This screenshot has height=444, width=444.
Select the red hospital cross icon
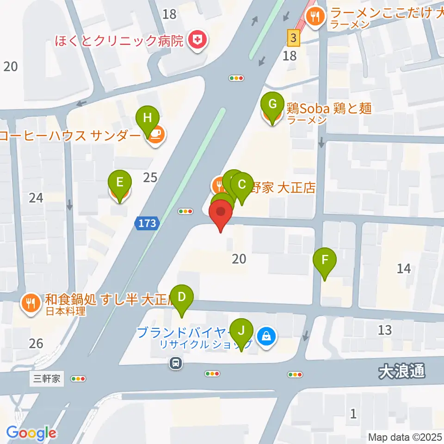pyautogui.click(x=197, y=41)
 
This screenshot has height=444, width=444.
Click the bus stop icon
pyautogui.click(x=176, y=363)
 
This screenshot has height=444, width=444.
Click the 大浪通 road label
pyautogui.click(x=401, y=371)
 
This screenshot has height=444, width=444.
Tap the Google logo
pyautogui.click(x=31, y=433)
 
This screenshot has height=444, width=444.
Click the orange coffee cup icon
pyautogui.click(x=156, y=135)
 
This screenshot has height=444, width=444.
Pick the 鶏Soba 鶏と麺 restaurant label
pyautogui.click(x=329, y=109)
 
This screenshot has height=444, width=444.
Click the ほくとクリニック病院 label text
pyautogui.click(x=119, y=41)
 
